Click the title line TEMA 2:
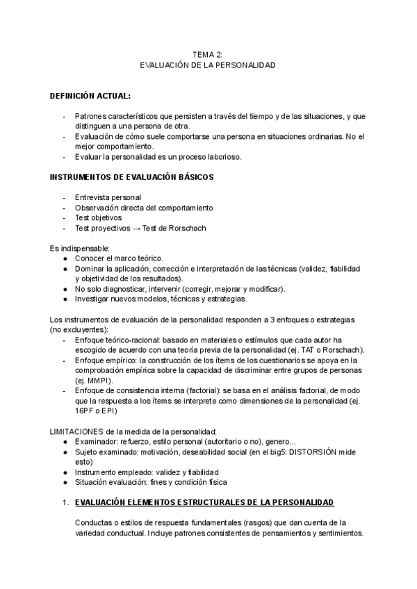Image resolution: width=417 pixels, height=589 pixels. pyautogui.click(x=208, y=53)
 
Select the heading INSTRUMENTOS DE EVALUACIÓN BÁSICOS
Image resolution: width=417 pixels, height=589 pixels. pyautogui.click(x=132, y=178)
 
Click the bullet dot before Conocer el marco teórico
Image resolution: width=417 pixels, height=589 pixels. pyautogui.click(x=65, y=258)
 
